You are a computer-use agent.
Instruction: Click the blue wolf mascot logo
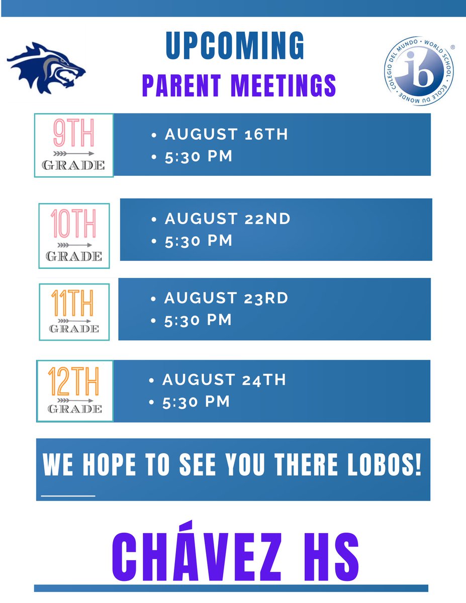[x=46, y=68]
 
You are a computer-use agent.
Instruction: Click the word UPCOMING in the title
[x=235, y=47]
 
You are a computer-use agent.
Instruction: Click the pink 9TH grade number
[x=73, y=134]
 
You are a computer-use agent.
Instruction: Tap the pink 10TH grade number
[x=73, y=224]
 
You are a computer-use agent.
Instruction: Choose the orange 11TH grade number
[x=73, y=303]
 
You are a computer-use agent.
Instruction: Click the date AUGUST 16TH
[x=227, y=135]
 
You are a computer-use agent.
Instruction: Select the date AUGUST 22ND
[x=228, y=219]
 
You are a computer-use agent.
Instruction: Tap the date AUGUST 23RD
[x=226, y=298]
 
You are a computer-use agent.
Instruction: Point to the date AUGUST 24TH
[x=224, y=379]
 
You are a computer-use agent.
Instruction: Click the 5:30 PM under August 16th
[x=199, y=156]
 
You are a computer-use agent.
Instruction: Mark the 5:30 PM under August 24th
[x=197, y=401]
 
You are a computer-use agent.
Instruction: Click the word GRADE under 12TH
[x=74, y=409]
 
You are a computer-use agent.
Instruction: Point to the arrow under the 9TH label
[x=73, y=153]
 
